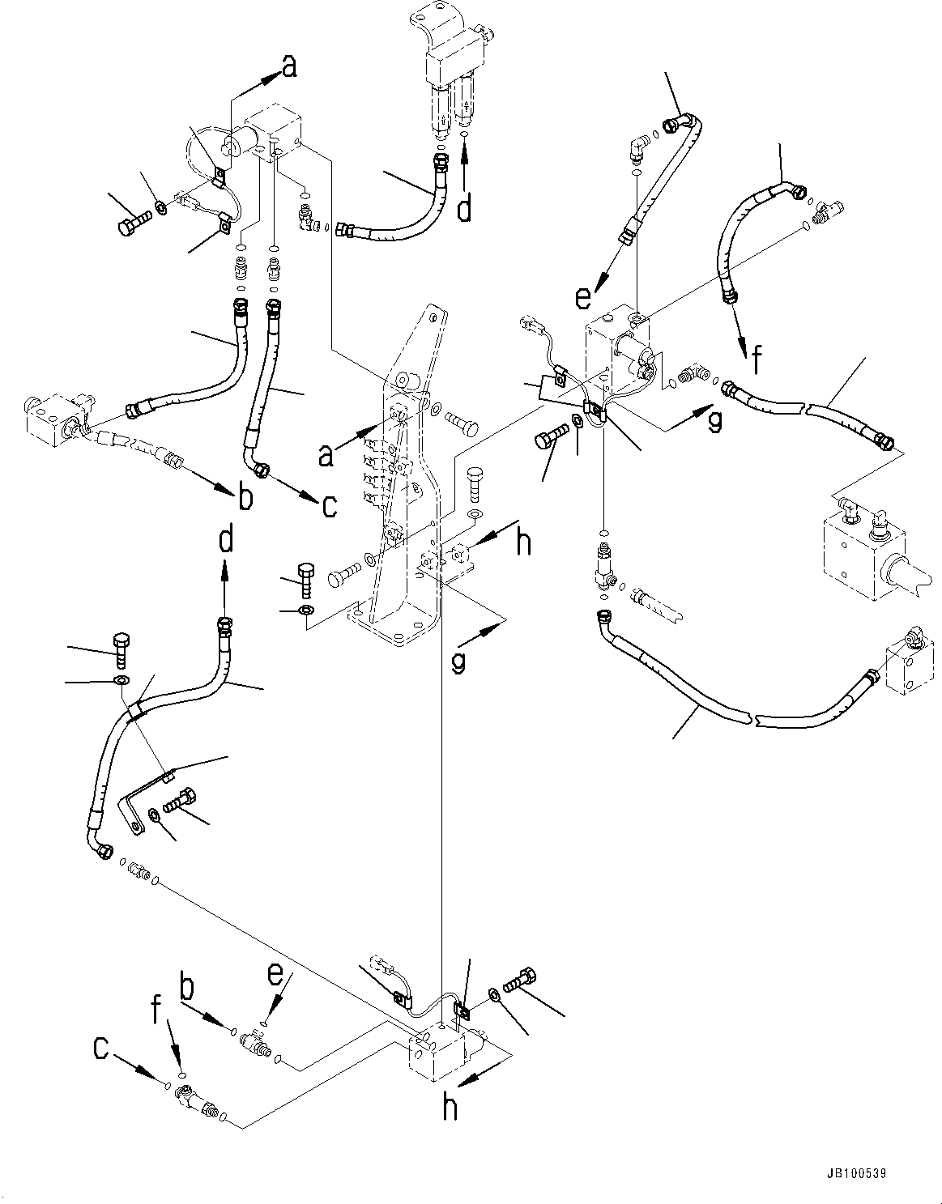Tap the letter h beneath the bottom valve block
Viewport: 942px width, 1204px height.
pos(450,1108)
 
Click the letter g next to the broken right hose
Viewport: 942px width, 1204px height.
pos(714,420)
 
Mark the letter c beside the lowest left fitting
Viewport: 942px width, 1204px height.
pos(100,1049)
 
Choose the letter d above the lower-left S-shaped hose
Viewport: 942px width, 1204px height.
pos(226,538)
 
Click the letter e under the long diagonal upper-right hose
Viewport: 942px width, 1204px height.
pos(583,298)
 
